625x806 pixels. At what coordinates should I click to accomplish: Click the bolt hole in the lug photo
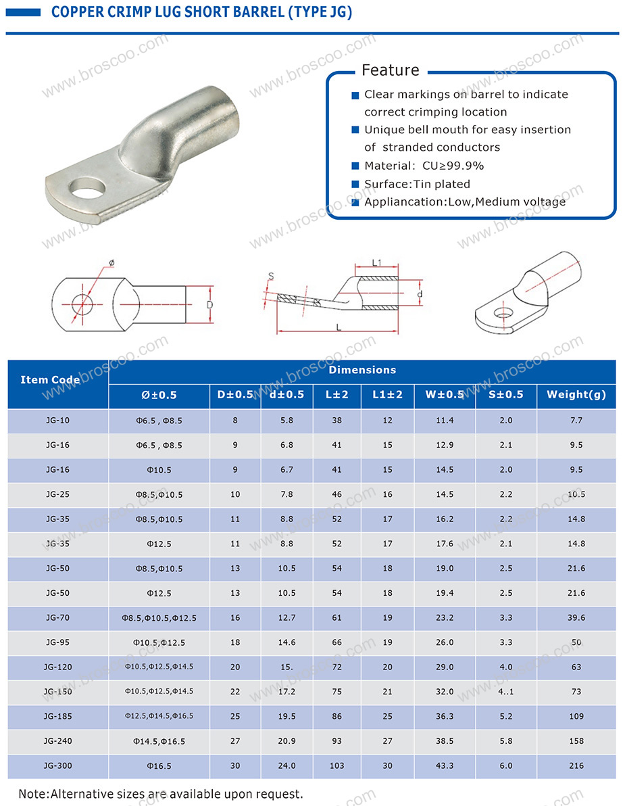[x=88, y=187]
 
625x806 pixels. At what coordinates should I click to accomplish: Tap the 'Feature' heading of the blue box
[x=391, y=70]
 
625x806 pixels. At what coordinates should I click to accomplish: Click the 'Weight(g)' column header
[x=576, y=394]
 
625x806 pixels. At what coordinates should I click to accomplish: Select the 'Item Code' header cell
[x=50, y=380]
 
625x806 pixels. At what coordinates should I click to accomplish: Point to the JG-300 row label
[x=57, y=765]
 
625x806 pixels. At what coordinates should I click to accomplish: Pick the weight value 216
[x=576, y=765]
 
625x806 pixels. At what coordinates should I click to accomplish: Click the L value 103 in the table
[x=337, y=765]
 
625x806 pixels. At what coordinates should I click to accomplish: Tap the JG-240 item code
[x=57, y=740]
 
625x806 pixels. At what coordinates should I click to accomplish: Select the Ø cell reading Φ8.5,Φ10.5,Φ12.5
[x=159, y=618]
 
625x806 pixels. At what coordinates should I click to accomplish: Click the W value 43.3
[x=445, y=765]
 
